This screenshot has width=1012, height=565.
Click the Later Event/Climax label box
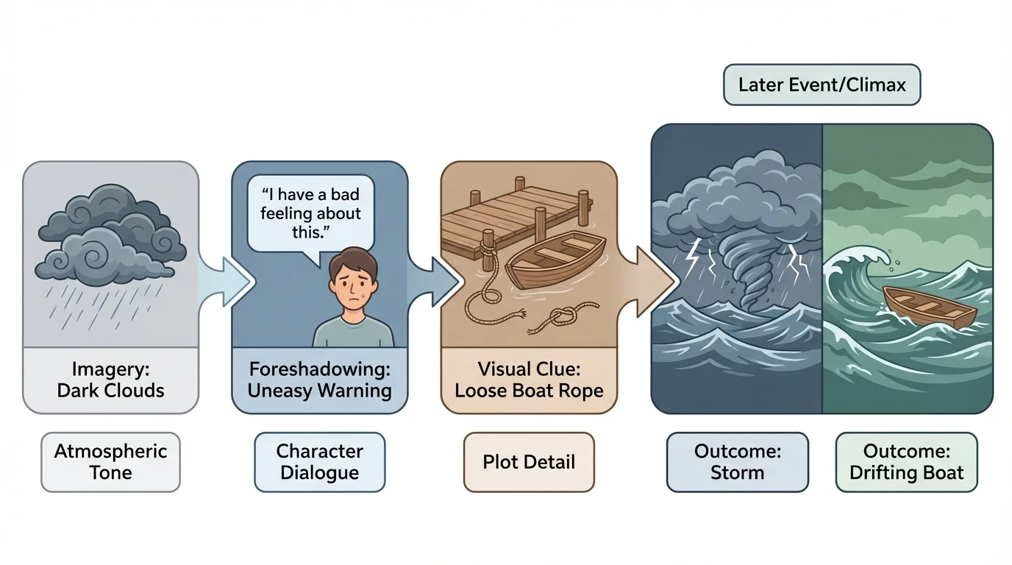(x=822, y=85)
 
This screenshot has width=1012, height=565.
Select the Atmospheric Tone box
(x=110, y=462)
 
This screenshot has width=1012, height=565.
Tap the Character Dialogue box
(x=319, y=462)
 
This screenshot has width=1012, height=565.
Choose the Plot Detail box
(x=528, y=462)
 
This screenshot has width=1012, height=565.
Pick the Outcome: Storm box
(x=737, y=462)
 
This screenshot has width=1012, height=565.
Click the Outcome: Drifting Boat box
(x=906, y=462)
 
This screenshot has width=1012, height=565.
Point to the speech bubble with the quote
(x=310, y=213)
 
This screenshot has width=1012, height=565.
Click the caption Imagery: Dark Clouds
(x=110, y=379)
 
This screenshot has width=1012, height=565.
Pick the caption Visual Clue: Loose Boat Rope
(x=528, y=379)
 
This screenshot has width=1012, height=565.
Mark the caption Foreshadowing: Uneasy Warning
(x=319, y=379)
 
